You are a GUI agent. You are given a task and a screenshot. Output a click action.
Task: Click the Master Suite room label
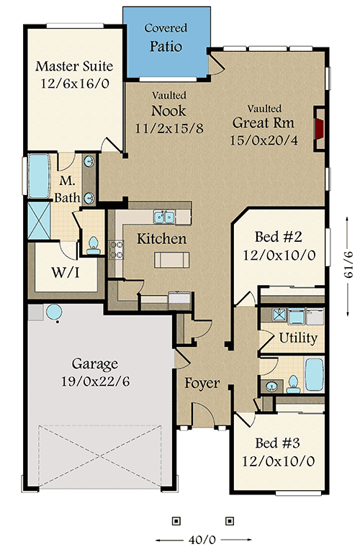point(74,66)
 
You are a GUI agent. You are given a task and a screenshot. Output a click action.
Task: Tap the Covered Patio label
point(166,47)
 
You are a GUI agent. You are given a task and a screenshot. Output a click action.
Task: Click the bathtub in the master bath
point(37,176)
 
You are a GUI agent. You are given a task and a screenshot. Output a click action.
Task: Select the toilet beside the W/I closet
point(92,246)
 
